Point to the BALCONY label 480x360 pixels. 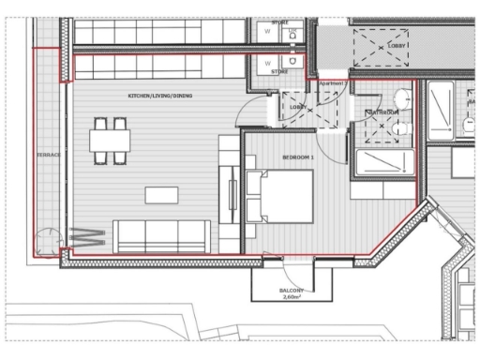coord(291,291)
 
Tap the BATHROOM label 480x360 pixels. coord(382,112)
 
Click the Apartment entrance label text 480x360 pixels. coord(332,82)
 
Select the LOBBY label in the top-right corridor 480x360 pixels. coord(397,44)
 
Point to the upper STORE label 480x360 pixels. coord(278,21)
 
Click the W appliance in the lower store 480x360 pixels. coord(267,64)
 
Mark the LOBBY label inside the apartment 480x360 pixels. coord(297,107)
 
